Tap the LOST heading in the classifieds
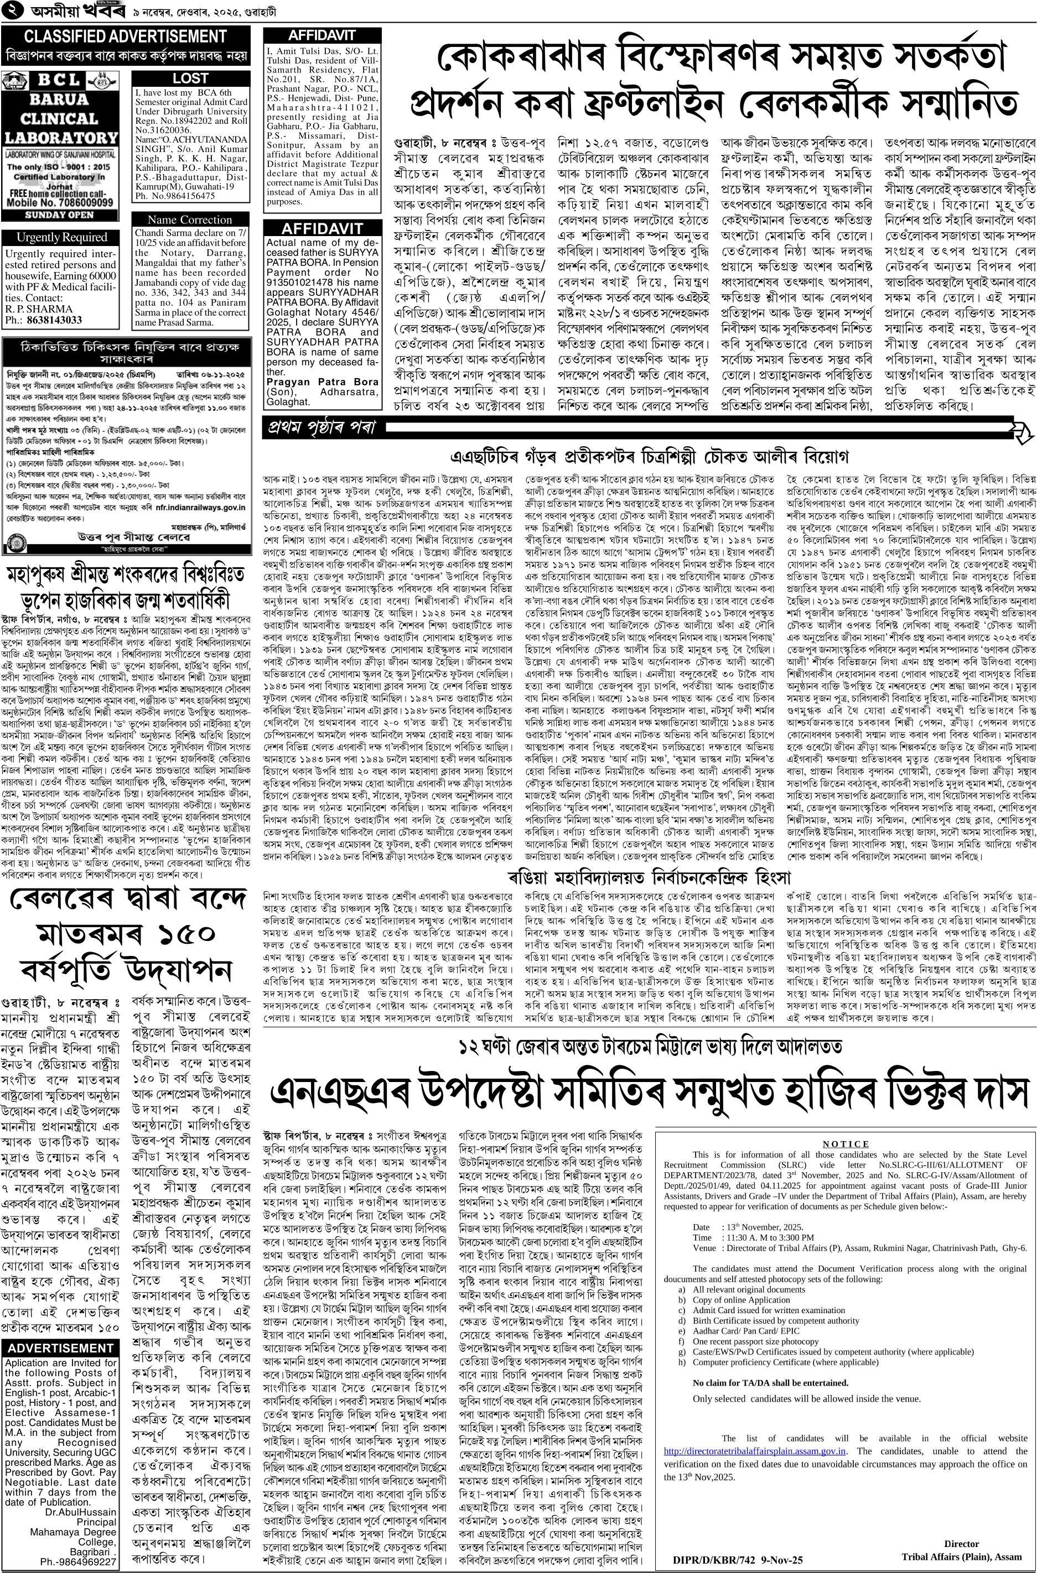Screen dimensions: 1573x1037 tap(190, 79)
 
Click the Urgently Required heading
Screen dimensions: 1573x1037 tap(61, 237)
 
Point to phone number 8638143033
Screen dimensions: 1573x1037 tap(54, 321)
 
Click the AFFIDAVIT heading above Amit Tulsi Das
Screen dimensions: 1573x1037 tap(322, 36)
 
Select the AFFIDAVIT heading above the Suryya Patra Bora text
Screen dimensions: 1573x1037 tap(322, 229)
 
